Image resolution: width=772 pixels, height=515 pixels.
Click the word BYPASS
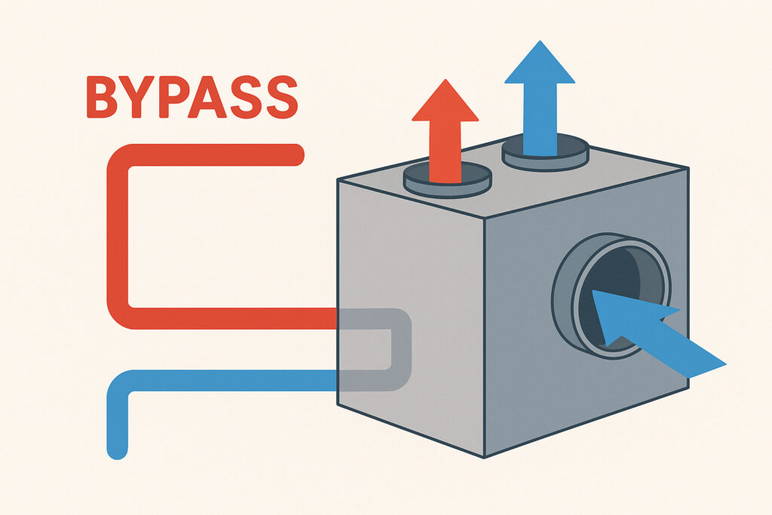pyautogui.click(x=191, y=97)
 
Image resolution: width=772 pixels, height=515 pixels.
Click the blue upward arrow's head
pyautogui.click(x=539, y=62)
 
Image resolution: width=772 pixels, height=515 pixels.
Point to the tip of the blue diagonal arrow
pyautogui.click(x=596, y=294)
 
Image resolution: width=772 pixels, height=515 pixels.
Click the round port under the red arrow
pyautogui.click(x=447, y=179)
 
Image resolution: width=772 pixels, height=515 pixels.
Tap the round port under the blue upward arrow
pyautogui.click(x=544, y=154)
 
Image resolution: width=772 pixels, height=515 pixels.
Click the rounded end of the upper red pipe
pyautogui.click(x=296, y=155)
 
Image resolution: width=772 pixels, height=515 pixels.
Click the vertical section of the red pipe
pyautogui.click(x=118, y=234)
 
